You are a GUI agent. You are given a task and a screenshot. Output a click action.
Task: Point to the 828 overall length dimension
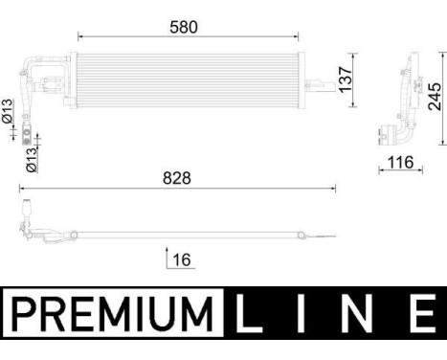178,178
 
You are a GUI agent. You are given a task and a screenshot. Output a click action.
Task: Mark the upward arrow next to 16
168,259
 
